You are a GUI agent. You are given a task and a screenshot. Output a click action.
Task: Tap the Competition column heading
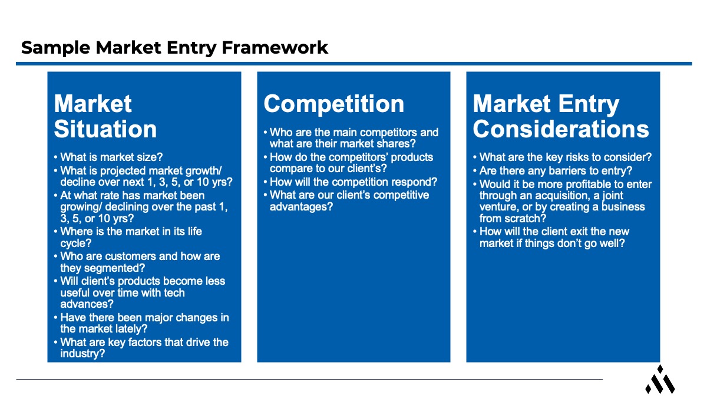pos(333,104)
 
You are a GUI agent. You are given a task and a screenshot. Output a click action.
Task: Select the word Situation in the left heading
pos(105,129)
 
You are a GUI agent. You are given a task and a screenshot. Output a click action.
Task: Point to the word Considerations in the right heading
pos(561,129)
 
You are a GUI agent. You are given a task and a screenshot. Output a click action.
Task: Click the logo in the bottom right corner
pos(660,380)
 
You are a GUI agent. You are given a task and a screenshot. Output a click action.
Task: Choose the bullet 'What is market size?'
pos(111,157)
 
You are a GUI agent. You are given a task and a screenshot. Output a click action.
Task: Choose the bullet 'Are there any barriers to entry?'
pos(556,171)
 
